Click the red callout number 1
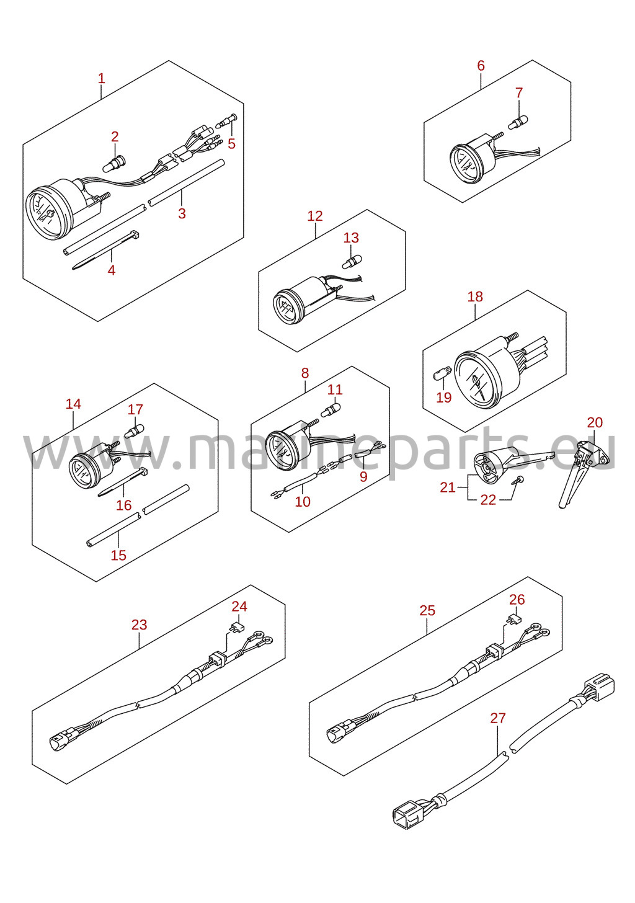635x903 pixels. (102, 79)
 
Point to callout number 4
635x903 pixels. (112, 270)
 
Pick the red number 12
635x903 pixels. (315, 216)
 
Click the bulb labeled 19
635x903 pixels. (441, 375)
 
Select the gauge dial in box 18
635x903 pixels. (481, 380)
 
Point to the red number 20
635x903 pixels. (595, 422)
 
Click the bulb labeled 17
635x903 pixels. (135, 432)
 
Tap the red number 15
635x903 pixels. (118, 555)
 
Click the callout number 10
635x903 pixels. (303, 502)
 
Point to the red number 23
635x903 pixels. (139, 625)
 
